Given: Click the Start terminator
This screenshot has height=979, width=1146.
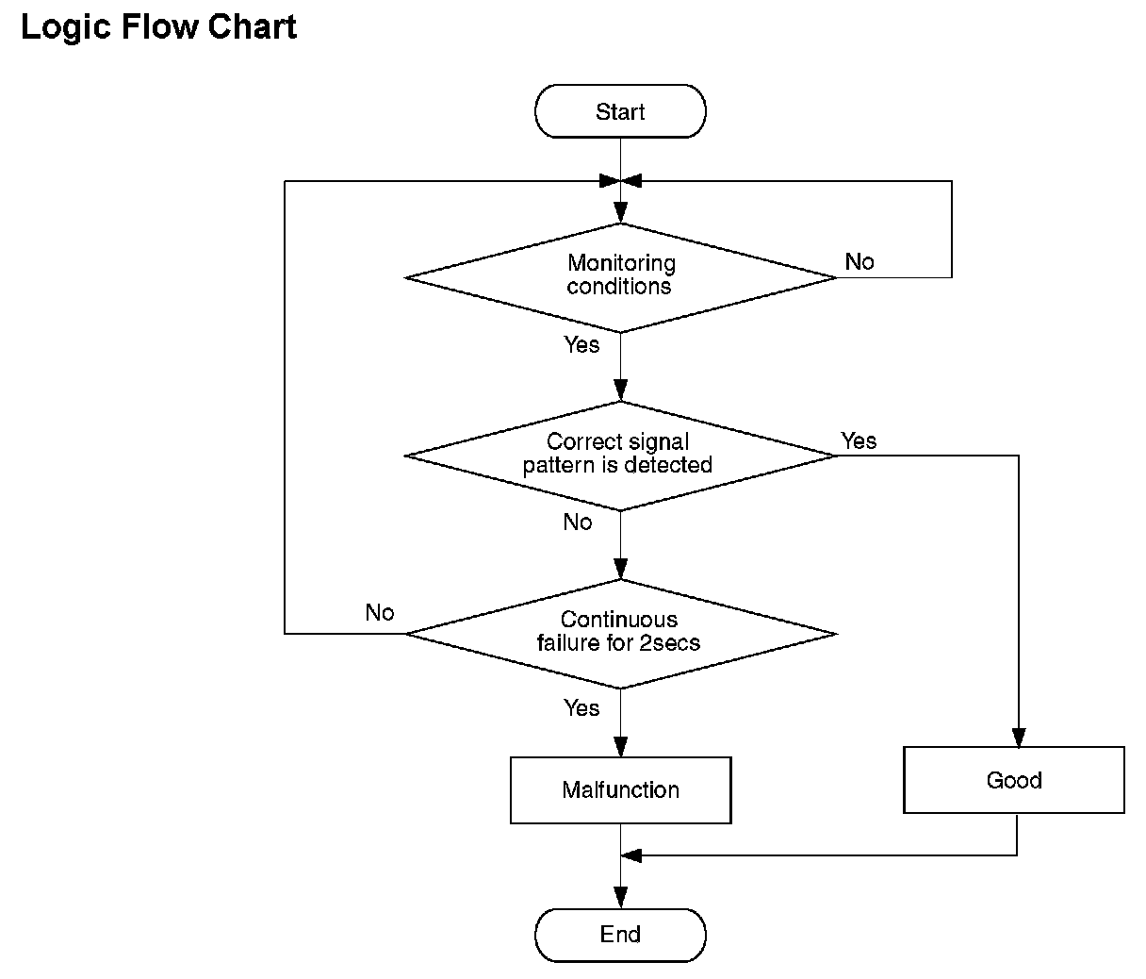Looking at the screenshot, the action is coord(620,111).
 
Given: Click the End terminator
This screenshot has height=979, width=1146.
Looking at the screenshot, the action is coord(620,936).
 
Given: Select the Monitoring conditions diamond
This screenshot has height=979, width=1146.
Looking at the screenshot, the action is coord(620,277).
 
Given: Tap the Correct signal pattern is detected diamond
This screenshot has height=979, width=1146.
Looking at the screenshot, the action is coord(620,456).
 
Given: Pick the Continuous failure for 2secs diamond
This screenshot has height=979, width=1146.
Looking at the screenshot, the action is coord(620,634).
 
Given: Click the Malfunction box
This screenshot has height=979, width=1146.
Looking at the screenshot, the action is coord(620,789).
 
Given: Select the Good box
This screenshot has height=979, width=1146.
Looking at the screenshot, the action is coord(1014,780).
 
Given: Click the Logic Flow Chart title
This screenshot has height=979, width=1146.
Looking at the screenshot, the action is coord(158,27).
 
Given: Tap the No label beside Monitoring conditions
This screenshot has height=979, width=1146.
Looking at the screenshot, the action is coord(859,261).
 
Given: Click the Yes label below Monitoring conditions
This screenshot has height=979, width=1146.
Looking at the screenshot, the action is coord(581,344).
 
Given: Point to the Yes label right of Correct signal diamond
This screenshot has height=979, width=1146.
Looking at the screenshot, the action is coord(859,440).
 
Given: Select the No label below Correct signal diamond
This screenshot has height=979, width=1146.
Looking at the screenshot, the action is coord(578,522).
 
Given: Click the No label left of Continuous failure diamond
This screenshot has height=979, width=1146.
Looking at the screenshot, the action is coord(380,613).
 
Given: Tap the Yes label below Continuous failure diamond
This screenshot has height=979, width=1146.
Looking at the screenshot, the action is coord(581,708).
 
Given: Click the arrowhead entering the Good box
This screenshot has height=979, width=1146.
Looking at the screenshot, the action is coord(1019,738).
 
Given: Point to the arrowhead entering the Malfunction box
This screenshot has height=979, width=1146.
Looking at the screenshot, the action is coord(620,747).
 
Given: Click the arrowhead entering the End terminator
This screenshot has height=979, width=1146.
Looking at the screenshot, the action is coord(620,899).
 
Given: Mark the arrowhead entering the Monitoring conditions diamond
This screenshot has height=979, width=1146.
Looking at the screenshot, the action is coord(620,213).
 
